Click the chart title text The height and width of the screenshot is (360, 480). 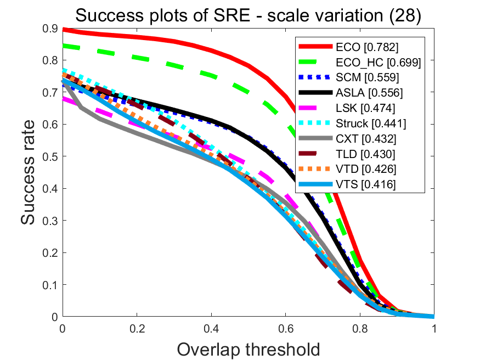pos(248,16)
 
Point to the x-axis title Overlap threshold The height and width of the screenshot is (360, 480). pos(248,349)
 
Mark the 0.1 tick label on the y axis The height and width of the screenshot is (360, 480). pos(50,285)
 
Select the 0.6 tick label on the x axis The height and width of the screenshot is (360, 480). pos(285,328)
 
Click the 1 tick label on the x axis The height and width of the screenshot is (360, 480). pos(434,328)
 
